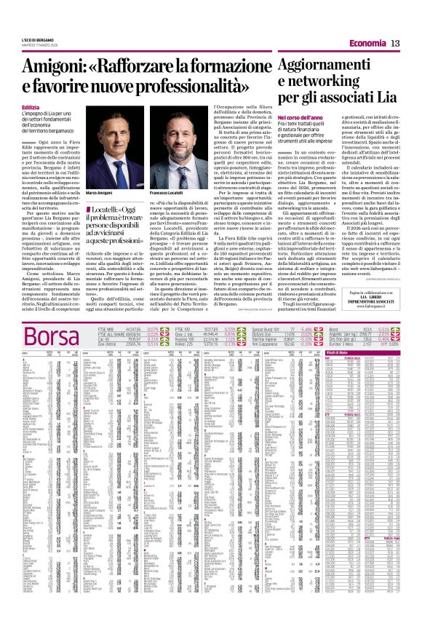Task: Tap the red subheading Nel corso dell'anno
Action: pos(300,116)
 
